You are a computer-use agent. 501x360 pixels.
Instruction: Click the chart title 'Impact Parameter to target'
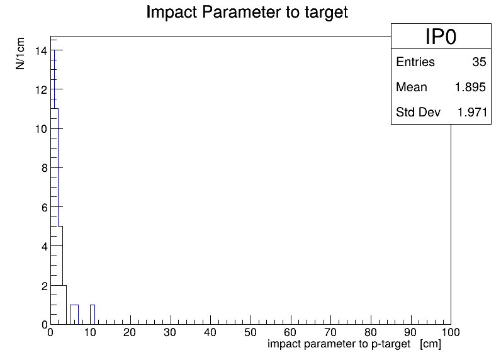247,13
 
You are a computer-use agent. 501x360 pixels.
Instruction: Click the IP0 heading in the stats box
441,37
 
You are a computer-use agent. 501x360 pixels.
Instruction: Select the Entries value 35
479,62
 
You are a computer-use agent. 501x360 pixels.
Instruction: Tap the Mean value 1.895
470,87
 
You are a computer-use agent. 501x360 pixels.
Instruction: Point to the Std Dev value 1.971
472,112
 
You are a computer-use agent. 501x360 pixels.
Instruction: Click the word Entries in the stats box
415,62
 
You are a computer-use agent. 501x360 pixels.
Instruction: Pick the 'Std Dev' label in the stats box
418,112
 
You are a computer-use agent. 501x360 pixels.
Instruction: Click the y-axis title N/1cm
20,53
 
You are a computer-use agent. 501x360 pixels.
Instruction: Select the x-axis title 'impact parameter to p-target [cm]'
354,344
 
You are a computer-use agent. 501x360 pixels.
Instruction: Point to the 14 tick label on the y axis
41,51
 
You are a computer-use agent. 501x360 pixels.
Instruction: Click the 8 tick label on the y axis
45,168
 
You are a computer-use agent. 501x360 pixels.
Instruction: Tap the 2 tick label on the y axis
45,286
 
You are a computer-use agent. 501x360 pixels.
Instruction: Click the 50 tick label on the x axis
250,332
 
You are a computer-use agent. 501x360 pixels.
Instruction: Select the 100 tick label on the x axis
451,332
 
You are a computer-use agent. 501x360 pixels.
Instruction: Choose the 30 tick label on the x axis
170,332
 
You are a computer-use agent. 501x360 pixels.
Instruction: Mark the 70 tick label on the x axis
330,332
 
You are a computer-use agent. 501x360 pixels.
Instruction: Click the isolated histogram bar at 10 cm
93,315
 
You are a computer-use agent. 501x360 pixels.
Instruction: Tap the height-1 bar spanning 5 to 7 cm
74,315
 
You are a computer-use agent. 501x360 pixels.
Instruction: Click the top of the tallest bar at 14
54,50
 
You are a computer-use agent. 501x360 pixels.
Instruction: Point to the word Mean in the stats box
412,87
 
